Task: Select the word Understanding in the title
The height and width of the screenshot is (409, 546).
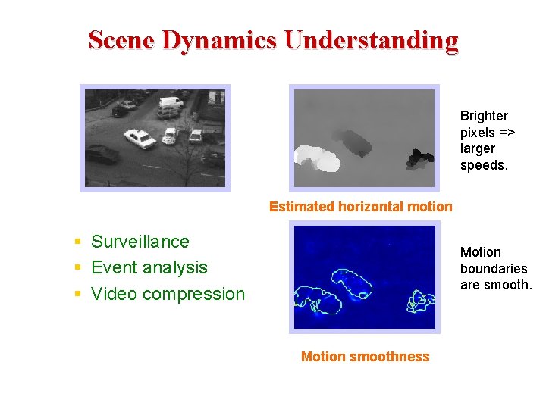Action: (371, 39)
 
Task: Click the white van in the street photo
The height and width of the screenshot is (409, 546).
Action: (171, 102)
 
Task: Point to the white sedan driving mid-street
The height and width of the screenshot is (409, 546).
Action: (140, 138)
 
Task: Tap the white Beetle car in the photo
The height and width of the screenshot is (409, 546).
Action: (170, 136)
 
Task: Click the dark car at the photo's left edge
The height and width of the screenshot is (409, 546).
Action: (102, 155)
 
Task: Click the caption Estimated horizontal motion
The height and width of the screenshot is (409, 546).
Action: (360, 207)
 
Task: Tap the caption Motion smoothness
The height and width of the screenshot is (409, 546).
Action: (365, 357)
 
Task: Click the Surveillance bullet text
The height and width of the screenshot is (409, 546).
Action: (140, 242)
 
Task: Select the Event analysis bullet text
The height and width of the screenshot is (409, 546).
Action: (149, 267)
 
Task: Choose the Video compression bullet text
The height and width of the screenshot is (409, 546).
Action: (168, 294)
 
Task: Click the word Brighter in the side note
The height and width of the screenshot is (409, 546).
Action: (484, 116)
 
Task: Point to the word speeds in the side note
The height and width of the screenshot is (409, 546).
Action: (483, 165)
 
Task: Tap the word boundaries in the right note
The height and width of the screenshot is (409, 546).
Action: (494, 268)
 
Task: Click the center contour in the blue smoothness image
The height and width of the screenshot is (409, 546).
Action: (353, 284)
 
